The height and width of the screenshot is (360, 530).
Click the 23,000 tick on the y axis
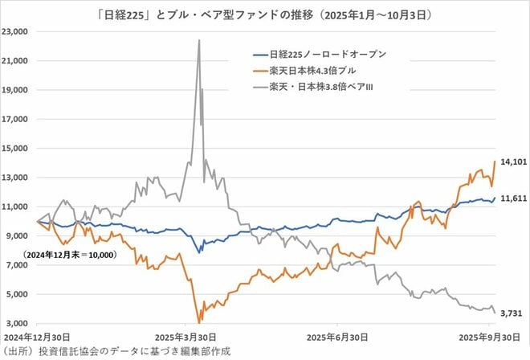(x=16, y=31)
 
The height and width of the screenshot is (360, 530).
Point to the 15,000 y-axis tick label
(x=16, y=148)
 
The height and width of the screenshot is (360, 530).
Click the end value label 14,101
(x=510, y=162)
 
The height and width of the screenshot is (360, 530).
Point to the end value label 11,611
(x=510, y=198)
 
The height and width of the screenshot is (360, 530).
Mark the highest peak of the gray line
(x=198, y=39)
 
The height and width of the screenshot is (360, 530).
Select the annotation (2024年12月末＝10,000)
(x=71, y=255)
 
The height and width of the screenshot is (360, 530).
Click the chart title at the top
(x=265, y=11)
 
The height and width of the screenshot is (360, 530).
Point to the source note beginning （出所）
(x=116, y=352)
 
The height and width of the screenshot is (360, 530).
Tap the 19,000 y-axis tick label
(x=16, y=90)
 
